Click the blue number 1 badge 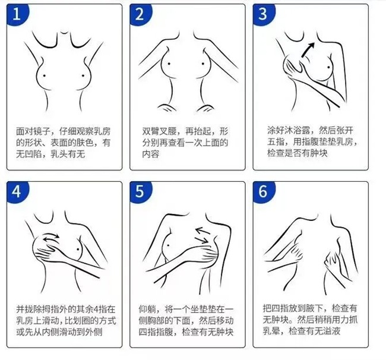17,14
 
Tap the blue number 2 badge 140,14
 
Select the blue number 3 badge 264,14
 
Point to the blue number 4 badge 17,191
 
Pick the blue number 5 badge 140,191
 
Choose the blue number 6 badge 264,191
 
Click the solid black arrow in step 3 308,50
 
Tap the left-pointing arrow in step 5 203,231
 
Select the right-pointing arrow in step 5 202,240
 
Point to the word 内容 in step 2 151,154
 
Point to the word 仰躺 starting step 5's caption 147,309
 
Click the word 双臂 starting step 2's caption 151,131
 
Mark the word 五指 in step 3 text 276,142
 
